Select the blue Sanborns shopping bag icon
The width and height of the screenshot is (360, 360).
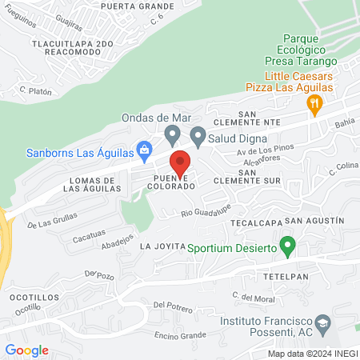click(144, 149)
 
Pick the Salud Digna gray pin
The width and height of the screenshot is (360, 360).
click(197, 134)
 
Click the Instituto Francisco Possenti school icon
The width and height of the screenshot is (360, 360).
click(323, 324)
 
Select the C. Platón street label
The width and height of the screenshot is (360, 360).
click(36, 92)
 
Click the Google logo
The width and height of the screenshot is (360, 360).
click(26, 350)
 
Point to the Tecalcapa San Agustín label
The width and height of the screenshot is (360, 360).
click(303, 220)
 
